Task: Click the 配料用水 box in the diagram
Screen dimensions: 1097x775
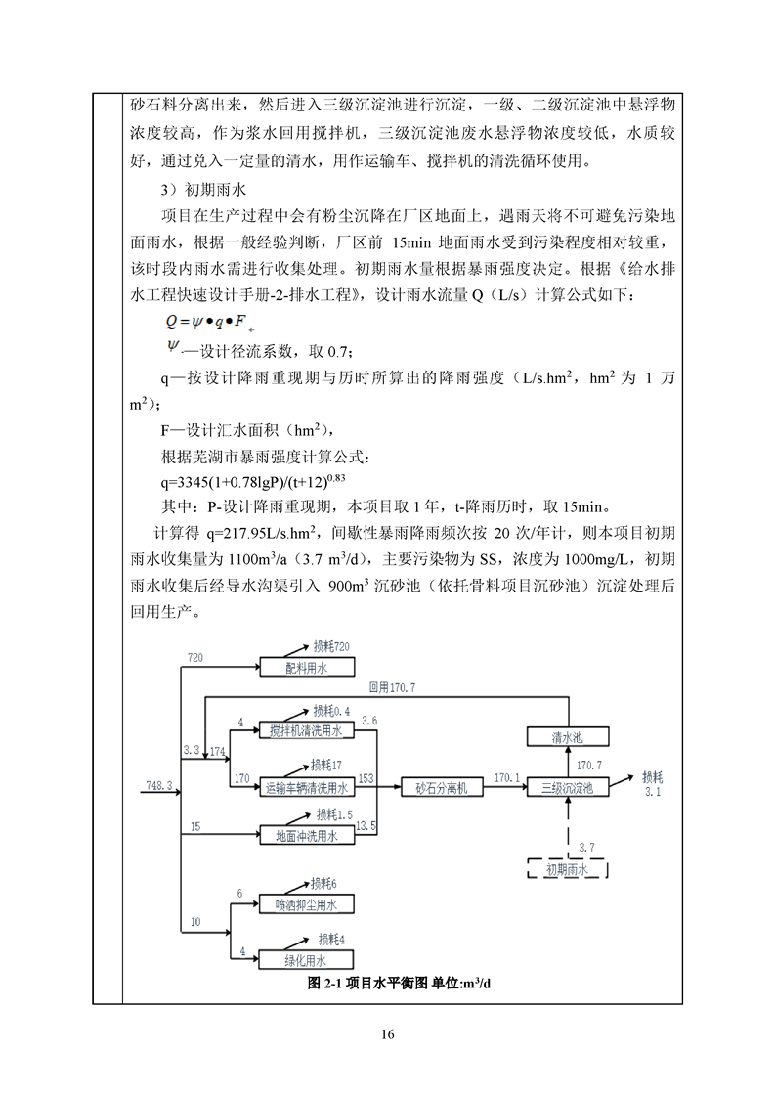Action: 305,668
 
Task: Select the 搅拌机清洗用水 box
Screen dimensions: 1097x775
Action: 305,730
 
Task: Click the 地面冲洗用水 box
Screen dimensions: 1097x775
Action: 305,836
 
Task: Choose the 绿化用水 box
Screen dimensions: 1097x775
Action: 305,959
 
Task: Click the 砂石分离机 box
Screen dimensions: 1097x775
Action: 442,786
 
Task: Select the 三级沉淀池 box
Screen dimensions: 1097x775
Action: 568,786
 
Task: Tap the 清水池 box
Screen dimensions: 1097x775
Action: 568,737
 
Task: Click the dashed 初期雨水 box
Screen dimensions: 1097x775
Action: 567,868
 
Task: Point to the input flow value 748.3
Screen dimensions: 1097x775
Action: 159,785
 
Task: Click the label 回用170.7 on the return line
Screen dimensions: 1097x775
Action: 392,688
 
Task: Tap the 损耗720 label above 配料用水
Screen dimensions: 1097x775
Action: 331,647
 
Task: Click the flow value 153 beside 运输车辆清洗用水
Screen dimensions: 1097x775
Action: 366,778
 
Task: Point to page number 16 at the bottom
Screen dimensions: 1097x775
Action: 388,1034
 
